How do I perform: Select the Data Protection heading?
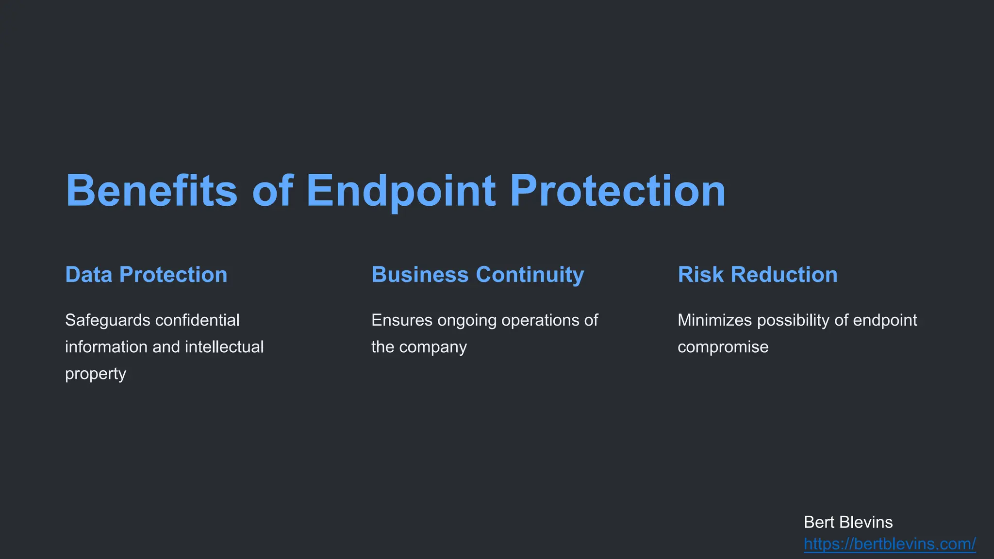tap(146, 275)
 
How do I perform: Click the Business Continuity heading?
tap(478, 275)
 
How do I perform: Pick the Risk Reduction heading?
tap(757, 275)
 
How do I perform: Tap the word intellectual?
tap(224, 347)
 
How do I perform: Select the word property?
tap(96, 374)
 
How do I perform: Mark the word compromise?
tap(723, 347)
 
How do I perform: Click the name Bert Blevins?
tap(848, 522)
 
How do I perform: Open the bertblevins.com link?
tap(889, 544)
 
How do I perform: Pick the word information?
tap(106, 347)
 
